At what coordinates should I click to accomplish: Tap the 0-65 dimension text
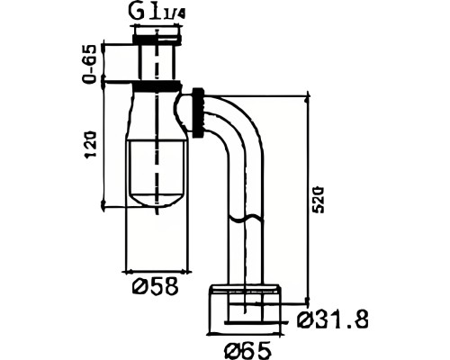tap(90, 64)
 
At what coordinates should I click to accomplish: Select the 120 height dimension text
tap(92, 144)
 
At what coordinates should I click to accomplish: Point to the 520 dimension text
tap(318, 201)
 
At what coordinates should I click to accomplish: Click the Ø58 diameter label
tap(155, 286)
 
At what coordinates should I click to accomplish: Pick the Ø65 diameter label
tap(247, 350)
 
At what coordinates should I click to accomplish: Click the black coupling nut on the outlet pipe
tap(198, 112)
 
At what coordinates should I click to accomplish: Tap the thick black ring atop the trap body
tap(157, 86)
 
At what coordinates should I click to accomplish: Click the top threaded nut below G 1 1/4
tap(157, 40)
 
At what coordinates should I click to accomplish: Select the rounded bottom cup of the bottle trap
tap(157, 174)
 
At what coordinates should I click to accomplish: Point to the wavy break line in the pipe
tap(247, 218)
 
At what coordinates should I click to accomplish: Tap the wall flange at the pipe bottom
tap(245, 309)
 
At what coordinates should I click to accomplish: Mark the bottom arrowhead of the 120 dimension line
tap(103, 205)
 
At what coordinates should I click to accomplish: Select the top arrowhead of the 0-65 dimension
tap(103, 48)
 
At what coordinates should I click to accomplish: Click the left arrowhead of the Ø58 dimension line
tap(127, 272)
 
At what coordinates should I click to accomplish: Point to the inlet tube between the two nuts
tap(157, 63)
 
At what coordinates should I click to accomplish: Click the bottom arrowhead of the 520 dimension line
tap(307, 301)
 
